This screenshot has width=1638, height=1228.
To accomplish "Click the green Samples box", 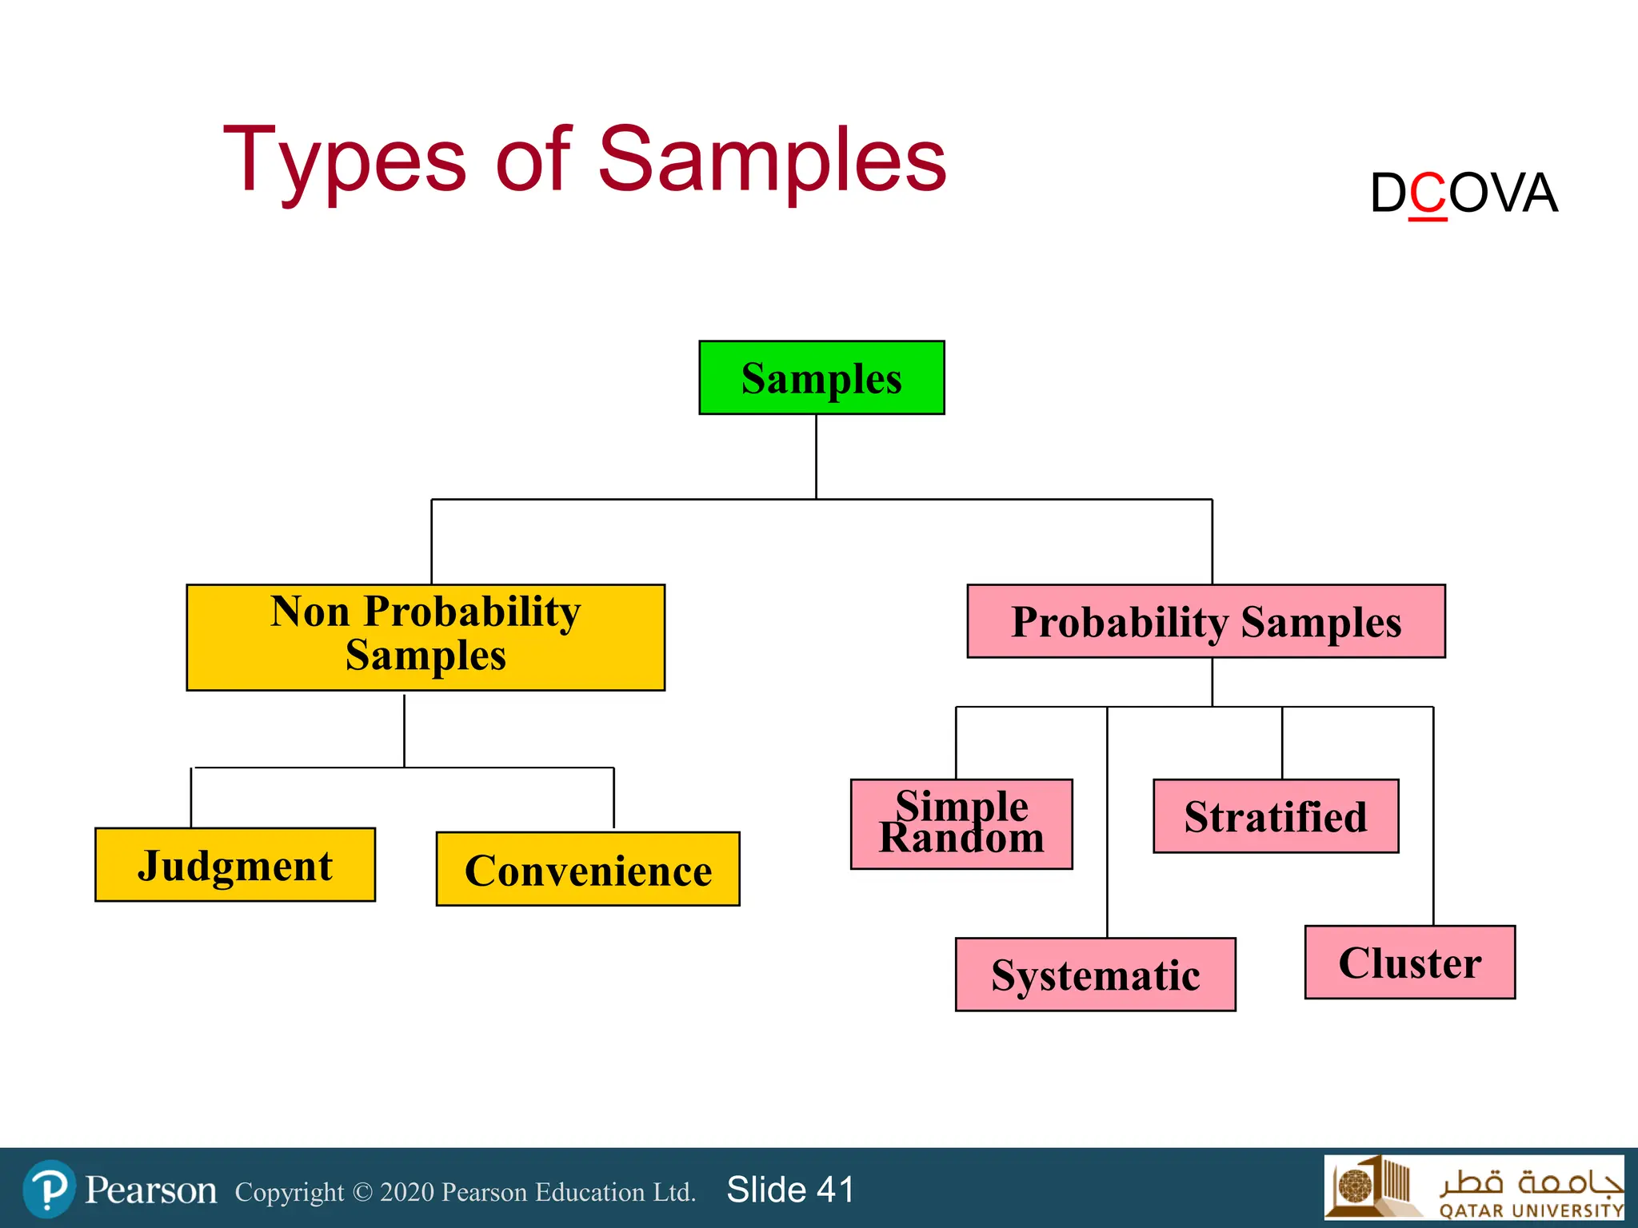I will coord(821,377).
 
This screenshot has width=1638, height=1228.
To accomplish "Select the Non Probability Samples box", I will coord(425,637).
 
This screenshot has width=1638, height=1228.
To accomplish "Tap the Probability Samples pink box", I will coord(1206,621).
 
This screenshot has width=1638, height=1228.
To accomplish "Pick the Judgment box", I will coord(235,865).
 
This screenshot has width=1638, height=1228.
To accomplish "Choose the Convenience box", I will coord(588,869).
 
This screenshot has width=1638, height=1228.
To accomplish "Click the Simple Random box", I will coord(961,823).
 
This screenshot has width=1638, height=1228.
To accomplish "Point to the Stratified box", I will coord(1276,816).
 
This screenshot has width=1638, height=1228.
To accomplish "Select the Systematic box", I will coord(1095,975).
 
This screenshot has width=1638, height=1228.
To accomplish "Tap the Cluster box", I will coord(1409,963).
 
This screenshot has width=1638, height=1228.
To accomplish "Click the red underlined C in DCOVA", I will coord(1428,194).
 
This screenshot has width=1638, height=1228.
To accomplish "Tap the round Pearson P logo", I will coord(50,1189).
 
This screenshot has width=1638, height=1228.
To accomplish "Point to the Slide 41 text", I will coord(790,1190).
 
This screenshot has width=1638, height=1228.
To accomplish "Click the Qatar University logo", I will coord(1473,1187).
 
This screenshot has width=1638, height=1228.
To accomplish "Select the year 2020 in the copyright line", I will coord(408,1192).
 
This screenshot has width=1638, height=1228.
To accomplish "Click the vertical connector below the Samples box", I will coord(816,456).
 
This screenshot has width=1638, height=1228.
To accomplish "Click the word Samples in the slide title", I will coord(772,160).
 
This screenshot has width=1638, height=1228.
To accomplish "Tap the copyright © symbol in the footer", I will coord(362,1192).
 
